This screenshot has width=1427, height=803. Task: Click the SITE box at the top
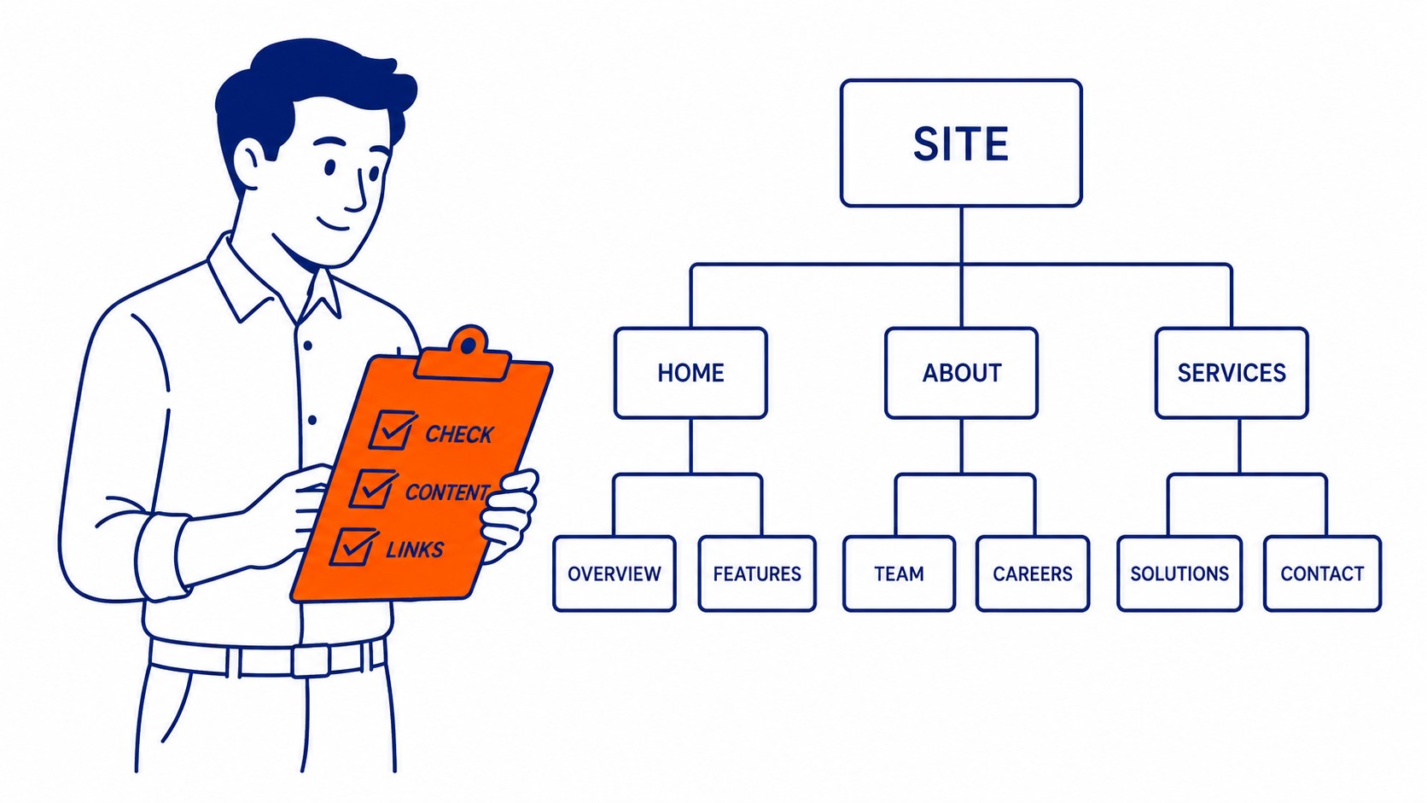[961, 143]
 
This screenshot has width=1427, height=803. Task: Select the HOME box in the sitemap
[690, 373]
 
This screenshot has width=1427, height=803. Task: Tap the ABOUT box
[961, 373]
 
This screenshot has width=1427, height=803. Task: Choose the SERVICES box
[1232, 373]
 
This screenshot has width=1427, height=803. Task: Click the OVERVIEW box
[614, 573]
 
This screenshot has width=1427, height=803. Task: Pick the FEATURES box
[757, 573]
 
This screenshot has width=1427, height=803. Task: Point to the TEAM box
[899, 573]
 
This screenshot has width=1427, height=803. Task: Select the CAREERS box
[1033, 573]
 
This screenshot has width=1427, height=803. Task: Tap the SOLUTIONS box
[1179, 573]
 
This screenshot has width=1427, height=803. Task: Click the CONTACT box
[1323, 573]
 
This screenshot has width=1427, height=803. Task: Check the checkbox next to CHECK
[392, 429]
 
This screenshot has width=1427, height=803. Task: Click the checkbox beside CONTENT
[373, 488]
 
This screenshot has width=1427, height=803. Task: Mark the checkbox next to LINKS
[353, 546]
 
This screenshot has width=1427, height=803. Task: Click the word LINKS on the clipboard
[415, 550]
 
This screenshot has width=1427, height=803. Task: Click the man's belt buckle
[311, 661]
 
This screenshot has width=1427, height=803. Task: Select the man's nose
[358, 191]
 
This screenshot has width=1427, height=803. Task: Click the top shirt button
[308, 345]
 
